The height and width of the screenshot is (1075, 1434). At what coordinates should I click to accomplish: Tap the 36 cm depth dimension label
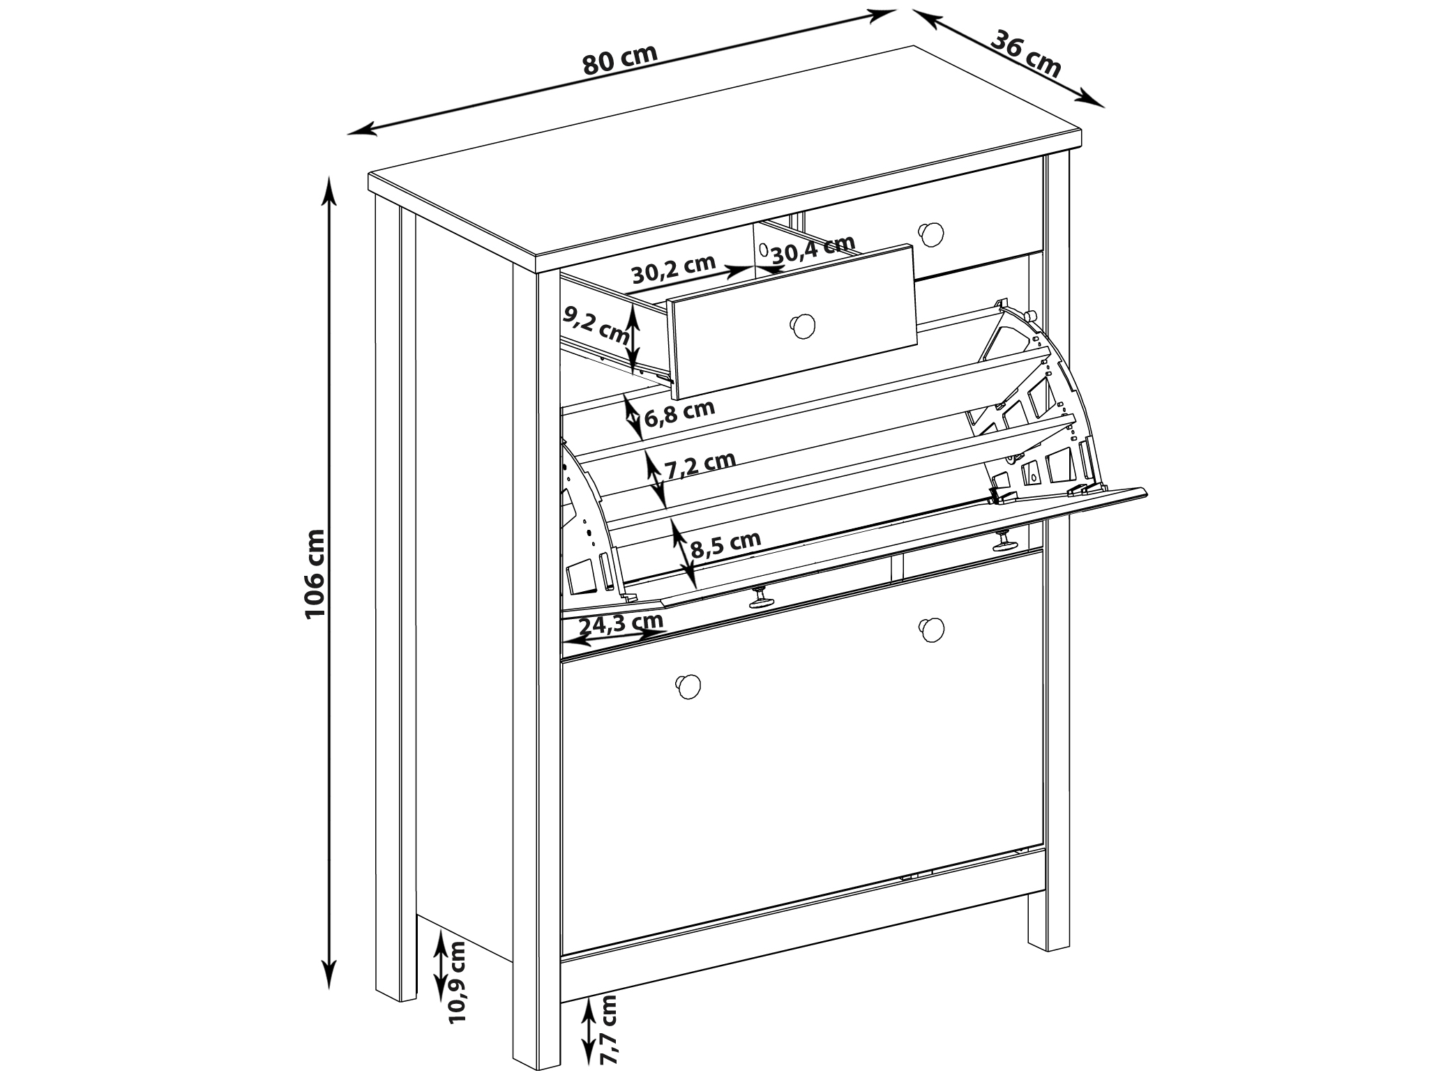pyautogui.click(x=1026, y=54)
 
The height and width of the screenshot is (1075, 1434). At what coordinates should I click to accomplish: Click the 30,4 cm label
pyautogui.click(x=813, y=249)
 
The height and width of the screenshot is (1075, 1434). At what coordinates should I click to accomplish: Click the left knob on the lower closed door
pyautogui.click(x=688, y=686)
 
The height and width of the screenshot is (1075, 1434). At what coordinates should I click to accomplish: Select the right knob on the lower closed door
pyautogui.click(x=932, y=629)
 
